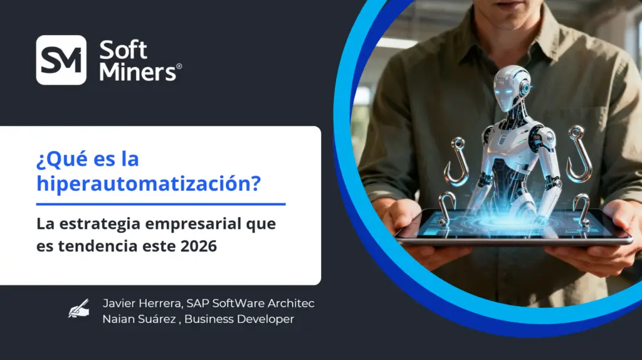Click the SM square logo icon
61,60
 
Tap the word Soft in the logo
123,50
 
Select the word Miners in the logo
137,71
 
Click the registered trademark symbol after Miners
179,66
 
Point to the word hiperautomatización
149,183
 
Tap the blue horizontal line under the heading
161,204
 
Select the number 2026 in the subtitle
199,246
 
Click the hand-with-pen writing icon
78,309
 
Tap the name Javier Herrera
142,304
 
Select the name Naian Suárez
139,319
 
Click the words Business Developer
239,319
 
